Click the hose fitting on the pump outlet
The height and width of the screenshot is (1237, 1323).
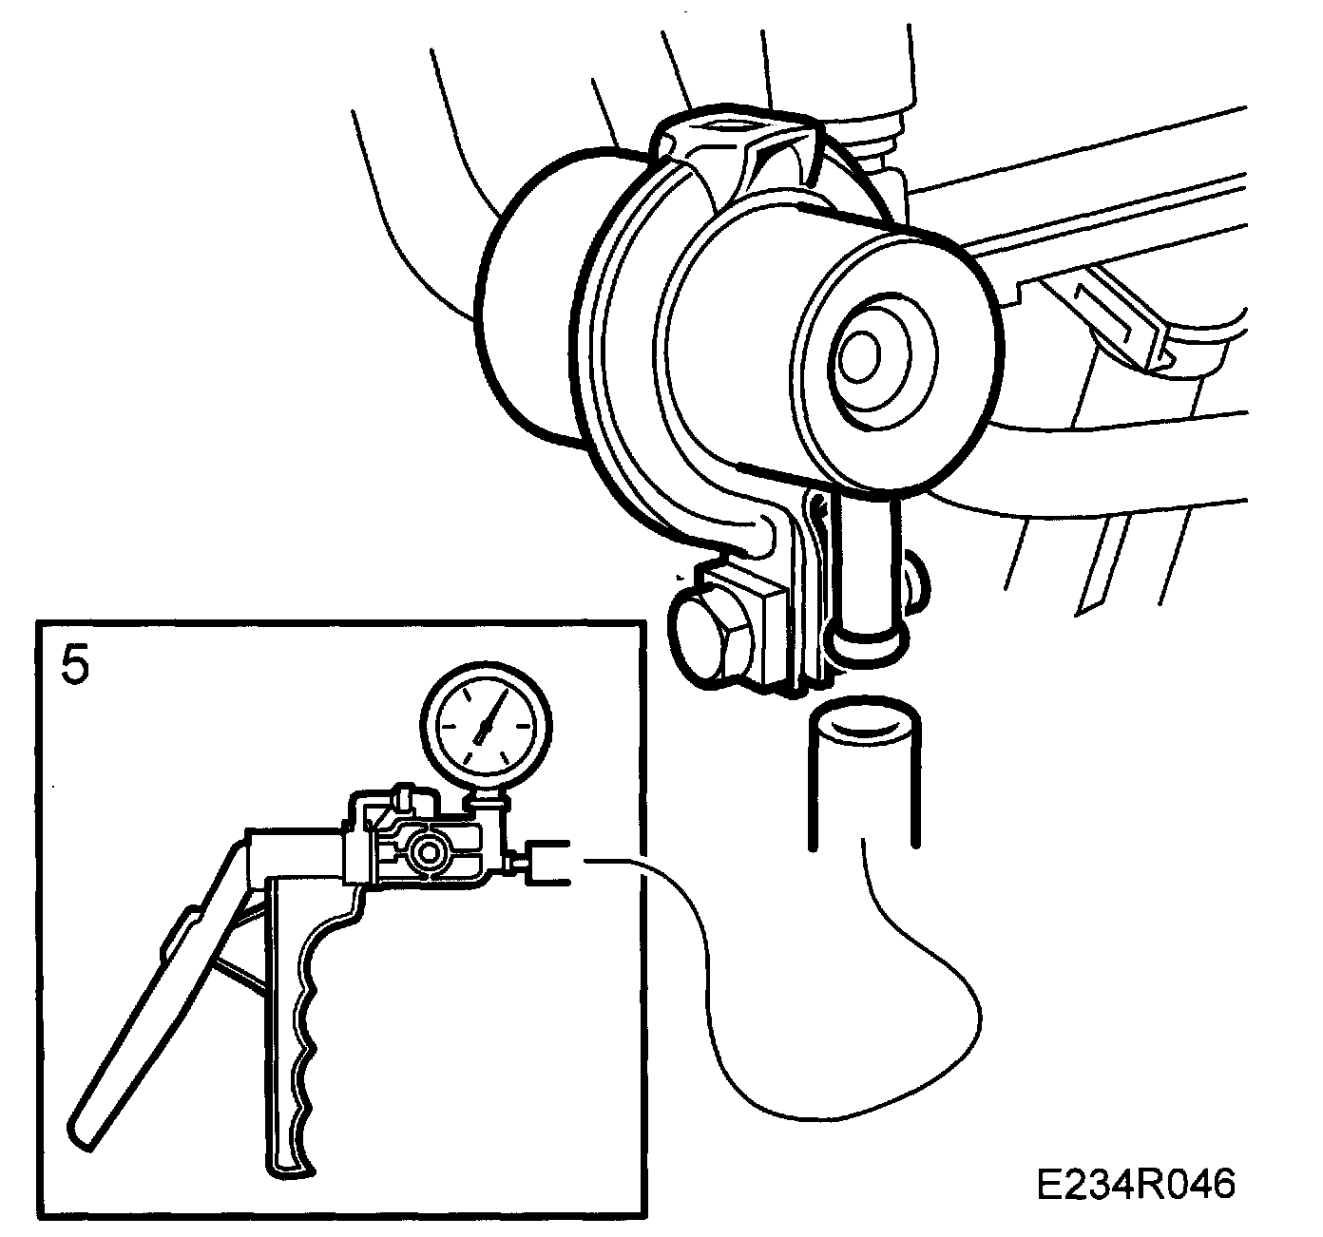(x=546, y=863)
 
